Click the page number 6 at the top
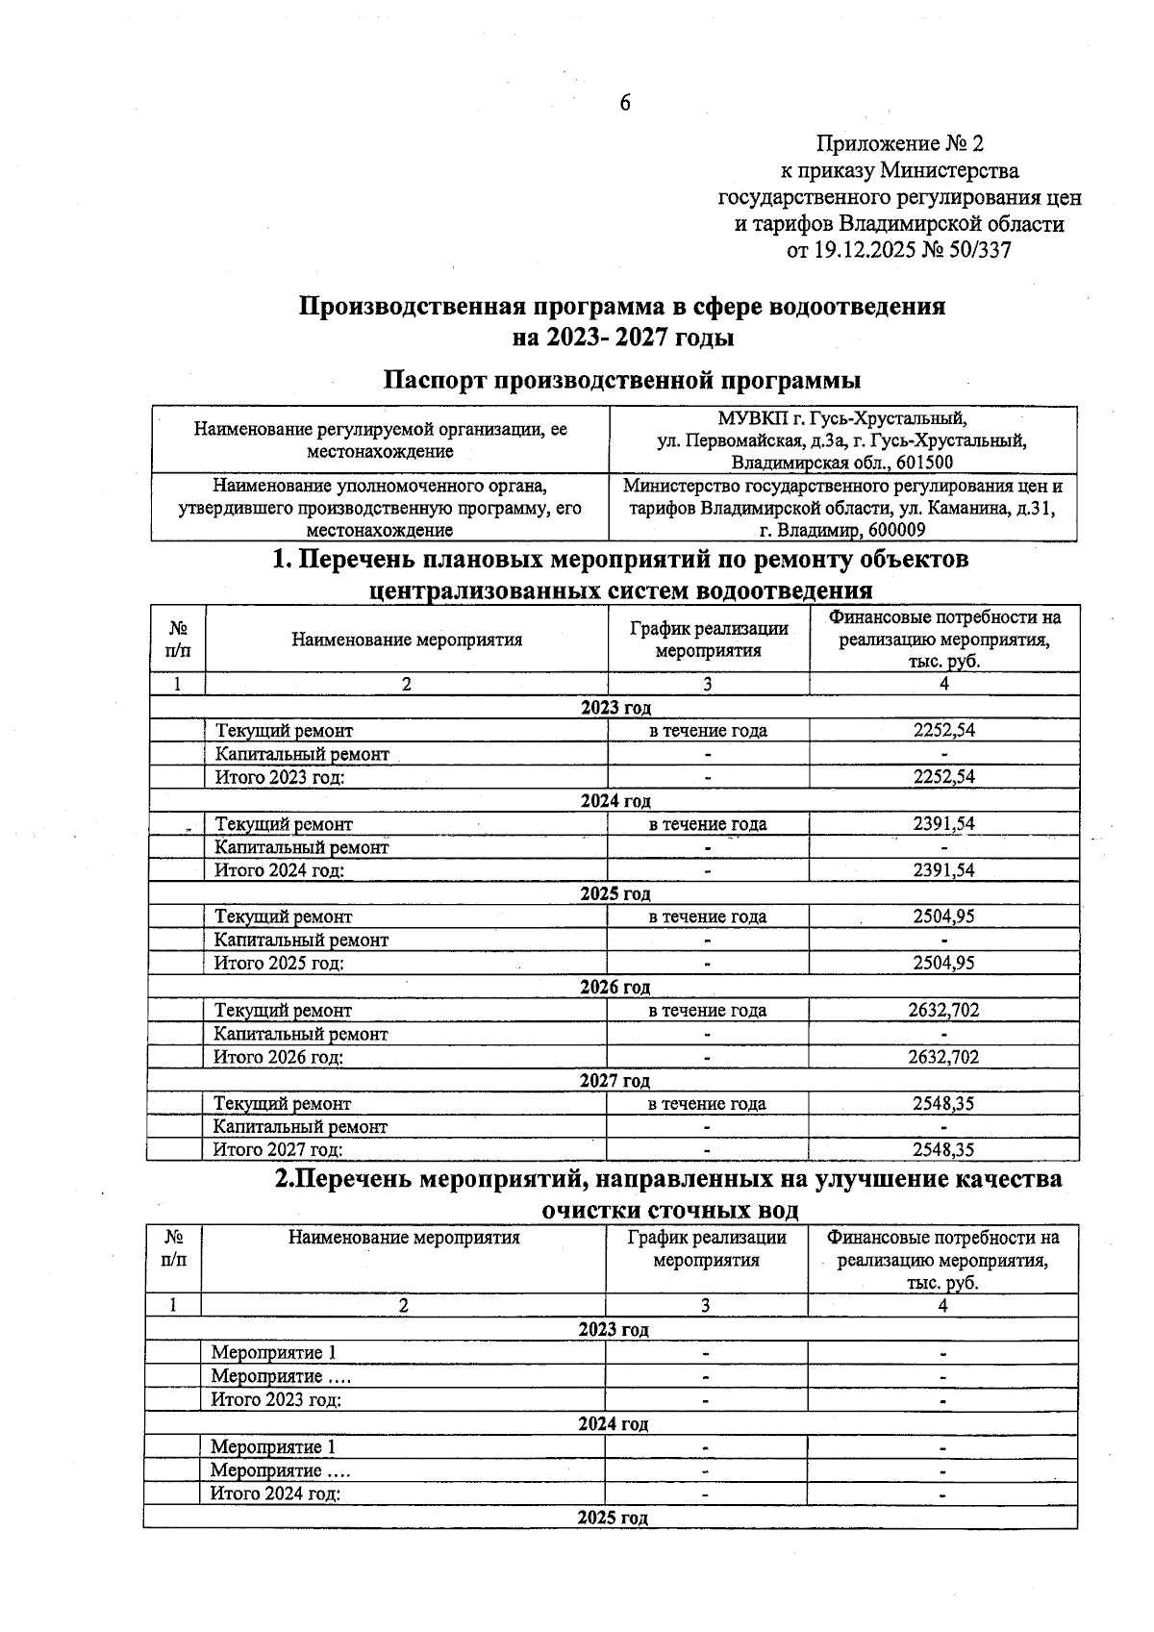coord(624,103)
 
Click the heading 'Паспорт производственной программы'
coord(622,380)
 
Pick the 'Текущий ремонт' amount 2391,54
coord(943,824)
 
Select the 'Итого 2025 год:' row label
coord(279,964)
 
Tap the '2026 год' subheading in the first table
coord(615,988)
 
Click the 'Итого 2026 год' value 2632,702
coord(943,1057)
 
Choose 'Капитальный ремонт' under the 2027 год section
coord(300,1127)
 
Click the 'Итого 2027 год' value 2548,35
coord(943,1150)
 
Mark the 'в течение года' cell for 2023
coord(708,731)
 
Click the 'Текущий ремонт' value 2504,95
coord(943,916)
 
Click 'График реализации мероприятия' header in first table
coord(709,640)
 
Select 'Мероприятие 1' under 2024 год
coord(273,1447)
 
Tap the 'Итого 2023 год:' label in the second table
coord(276,1400)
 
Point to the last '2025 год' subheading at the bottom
coord(613,1518)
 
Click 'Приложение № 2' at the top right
coord(900,144)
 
